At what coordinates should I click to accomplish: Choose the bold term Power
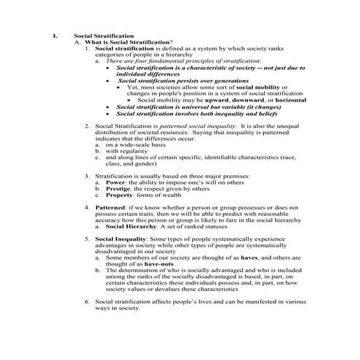click(x=113, y=181)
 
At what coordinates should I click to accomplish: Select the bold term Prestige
click(x=116, y=188)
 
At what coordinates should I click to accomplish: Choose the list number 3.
click(x=87, y=175)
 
